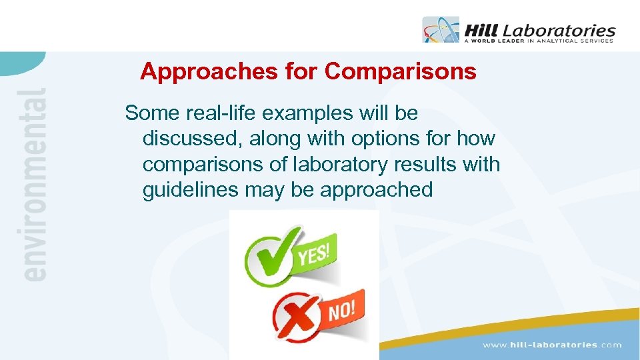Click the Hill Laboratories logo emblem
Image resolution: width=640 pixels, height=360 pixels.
(441, 30)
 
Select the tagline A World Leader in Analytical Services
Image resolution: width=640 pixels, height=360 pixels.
(538, 41)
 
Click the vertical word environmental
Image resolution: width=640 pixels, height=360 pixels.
(34, 184)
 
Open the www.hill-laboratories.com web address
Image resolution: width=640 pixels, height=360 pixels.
(552, 345)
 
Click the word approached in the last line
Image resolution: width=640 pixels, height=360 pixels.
(377, 189)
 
